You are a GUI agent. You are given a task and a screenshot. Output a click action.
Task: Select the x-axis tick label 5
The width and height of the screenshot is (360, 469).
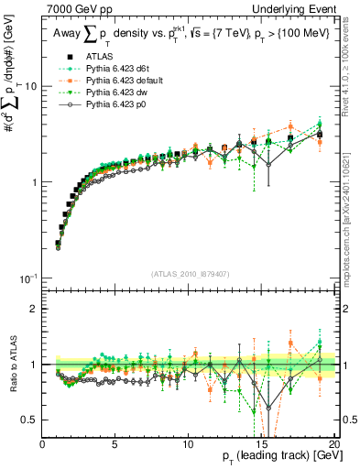click(x=115, y=445)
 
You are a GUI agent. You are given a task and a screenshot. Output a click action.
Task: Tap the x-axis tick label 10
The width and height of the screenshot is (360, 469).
click(x=188, y=445)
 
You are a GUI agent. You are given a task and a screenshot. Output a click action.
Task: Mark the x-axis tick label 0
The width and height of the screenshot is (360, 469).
click(x=42, y=445)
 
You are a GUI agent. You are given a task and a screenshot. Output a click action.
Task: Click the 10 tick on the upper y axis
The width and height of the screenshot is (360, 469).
click(x=29, y=85)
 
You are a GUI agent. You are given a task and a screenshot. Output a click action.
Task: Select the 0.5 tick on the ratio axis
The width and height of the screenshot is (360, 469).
click(x=30, y=420)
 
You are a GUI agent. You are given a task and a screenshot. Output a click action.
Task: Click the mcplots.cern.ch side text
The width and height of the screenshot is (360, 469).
click(x=352, y=224)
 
